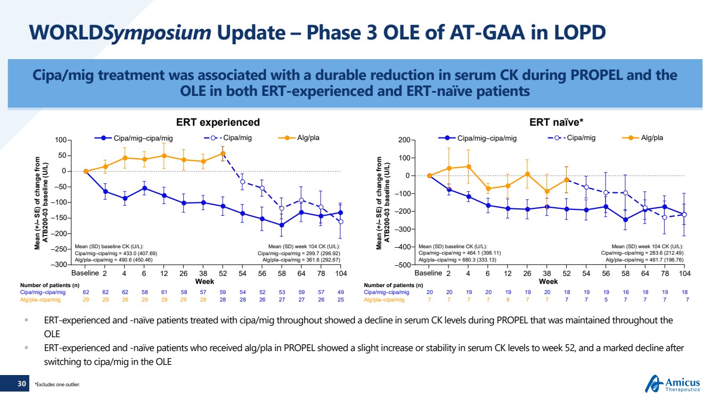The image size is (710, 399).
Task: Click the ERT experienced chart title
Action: (218, 122)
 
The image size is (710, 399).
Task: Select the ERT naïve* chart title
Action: (556, 122)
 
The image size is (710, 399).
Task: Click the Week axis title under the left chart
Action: (205, 281)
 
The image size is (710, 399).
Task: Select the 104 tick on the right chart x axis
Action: (684, 273)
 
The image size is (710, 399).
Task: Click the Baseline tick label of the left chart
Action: (85, 273)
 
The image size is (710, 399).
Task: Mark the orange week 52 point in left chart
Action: (223, 153)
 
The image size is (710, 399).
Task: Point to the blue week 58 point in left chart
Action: (282, 225)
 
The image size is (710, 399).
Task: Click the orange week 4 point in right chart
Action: (468, 166)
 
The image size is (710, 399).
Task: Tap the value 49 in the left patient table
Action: (341, 292)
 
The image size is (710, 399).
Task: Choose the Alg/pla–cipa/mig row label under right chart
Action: (384, 300)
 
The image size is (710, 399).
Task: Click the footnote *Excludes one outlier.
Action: (57, 384)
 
